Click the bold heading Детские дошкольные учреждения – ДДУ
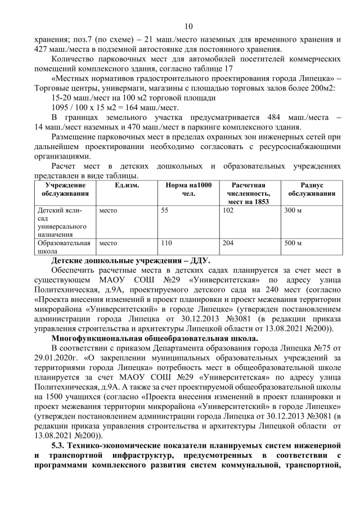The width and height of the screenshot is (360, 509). point(130,260)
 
